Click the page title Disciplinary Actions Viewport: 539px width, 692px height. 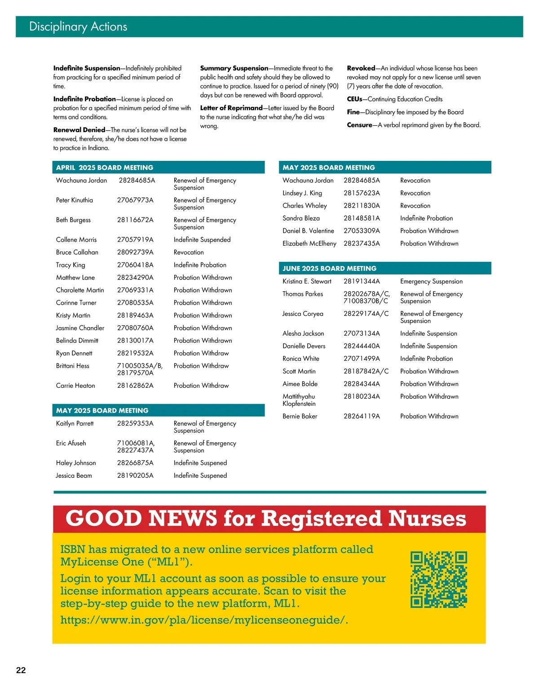point(78,27)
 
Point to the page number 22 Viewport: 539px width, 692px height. point(21,670)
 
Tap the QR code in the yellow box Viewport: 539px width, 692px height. point(438,580)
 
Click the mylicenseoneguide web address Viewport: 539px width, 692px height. point(204,620)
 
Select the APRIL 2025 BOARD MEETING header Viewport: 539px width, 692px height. point(105,168)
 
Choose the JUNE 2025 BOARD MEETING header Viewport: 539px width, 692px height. point(329,268)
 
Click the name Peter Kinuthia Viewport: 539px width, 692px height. point(75,200)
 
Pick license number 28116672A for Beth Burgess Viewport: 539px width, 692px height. point(135,220)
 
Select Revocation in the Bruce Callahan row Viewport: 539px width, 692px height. point(189,252)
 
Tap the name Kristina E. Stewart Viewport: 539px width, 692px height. point(307,281)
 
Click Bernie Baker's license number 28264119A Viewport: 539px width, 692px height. point(362,416)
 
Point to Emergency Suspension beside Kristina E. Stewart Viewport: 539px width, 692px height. point(431,281)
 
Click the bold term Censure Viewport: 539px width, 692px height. point(359,125)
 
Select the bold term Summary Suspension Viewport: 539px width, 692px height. point(234,68)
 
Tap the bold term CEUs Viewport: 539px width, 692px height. point(354,99)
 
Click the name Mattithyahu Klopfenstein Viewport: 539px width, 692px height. point(299,400)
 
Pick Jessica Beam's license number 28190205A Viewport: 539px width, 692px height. point(135,475)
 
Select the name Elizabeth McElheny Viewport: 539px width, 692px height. point(309,243)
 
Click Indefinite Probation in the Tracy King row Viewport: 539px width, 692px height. point(200,265)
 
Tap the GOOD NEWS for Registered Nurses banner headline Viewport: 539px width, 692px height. point(266,519)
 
